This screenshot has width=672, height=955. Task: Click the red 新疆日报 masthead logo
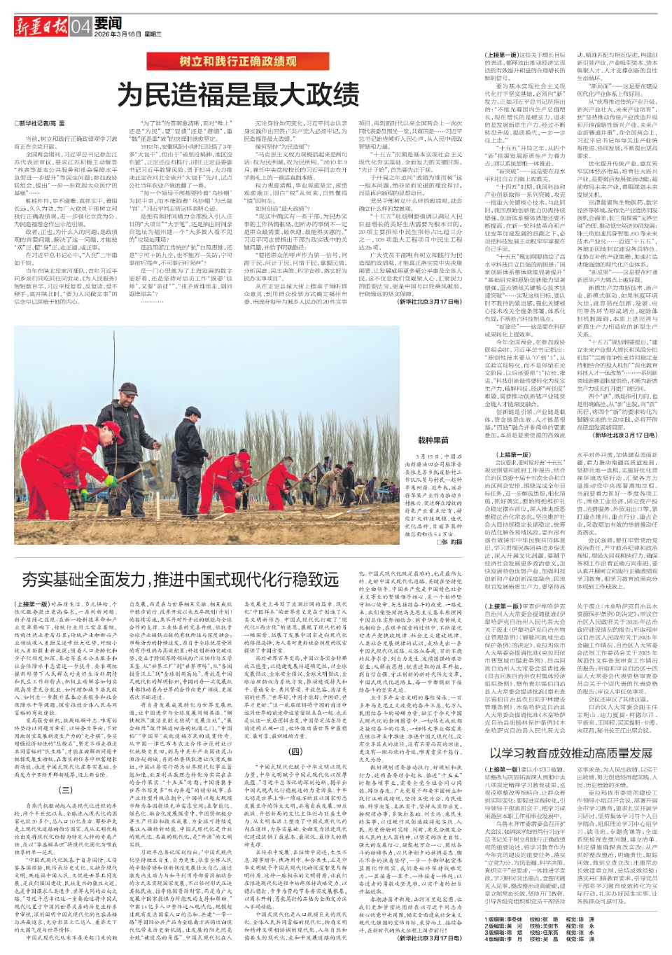point(41,27)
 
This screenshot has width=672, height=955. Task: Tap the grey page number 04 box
point(80,27)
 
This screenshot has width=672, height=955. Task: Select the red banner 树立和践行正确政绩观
point(238,62)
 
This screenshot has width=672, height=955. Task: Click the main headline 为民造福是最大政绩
point(238,94)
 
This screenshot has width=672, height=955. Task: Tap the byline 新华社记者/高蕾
point(40,124)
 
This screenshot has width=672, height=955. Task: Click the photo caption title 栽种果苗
point(433,441)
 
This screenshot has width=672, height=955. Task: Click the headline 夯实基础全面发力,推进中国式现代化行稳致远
point(181,579)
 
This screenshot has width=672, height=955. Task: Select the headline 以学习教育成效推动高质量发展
point(570,753)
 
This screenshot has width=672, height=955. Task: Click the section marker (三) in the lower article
point(64,790)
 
